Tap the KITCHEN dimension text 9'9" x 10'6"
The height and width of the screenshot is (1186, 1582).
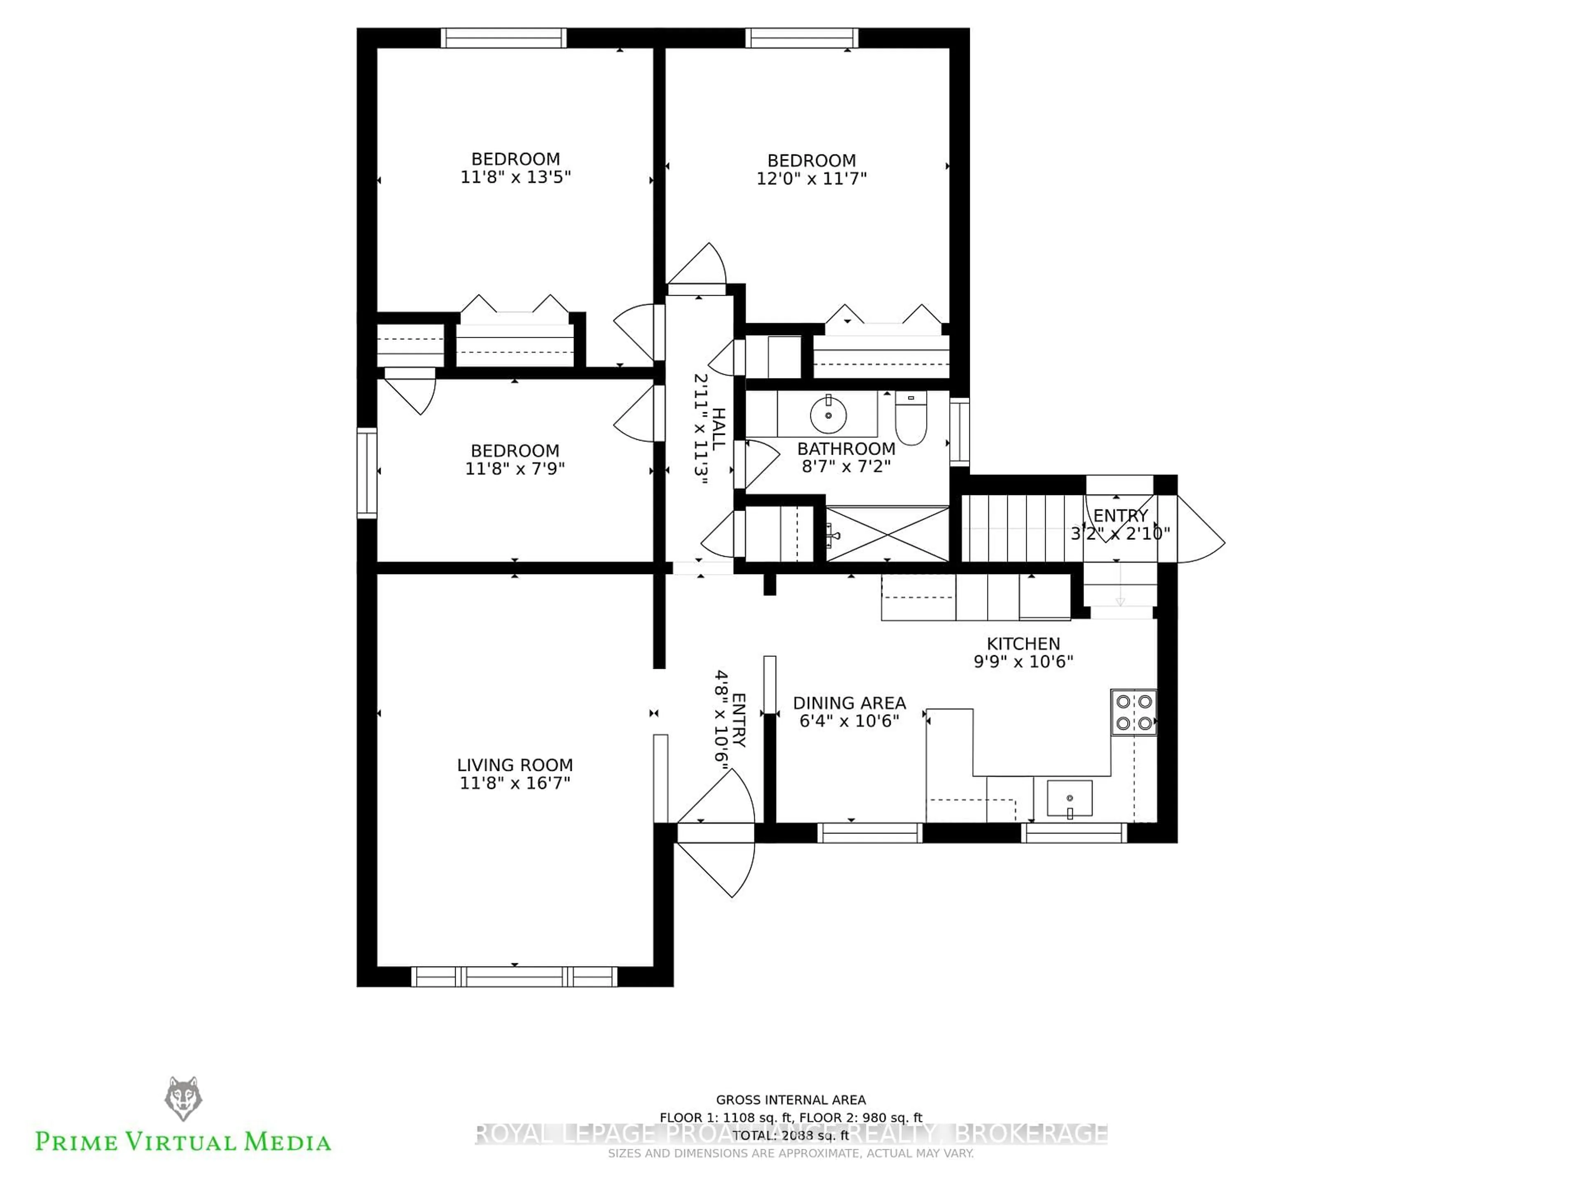(1023, 662)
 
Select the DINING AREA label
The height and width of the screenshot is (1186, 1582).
(849, 703)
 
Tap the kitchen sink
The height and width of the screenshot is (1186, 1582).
(1069, 798)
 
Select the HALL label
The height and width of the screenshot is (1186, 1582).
(719, 429)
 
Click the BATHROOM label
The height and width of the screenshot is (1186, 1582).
(846, 449)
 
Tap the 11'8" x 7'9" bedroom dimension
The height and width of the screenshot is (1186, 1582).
(515, 469)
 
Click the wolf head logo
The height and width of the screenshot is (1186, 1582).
(183, 1099)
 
